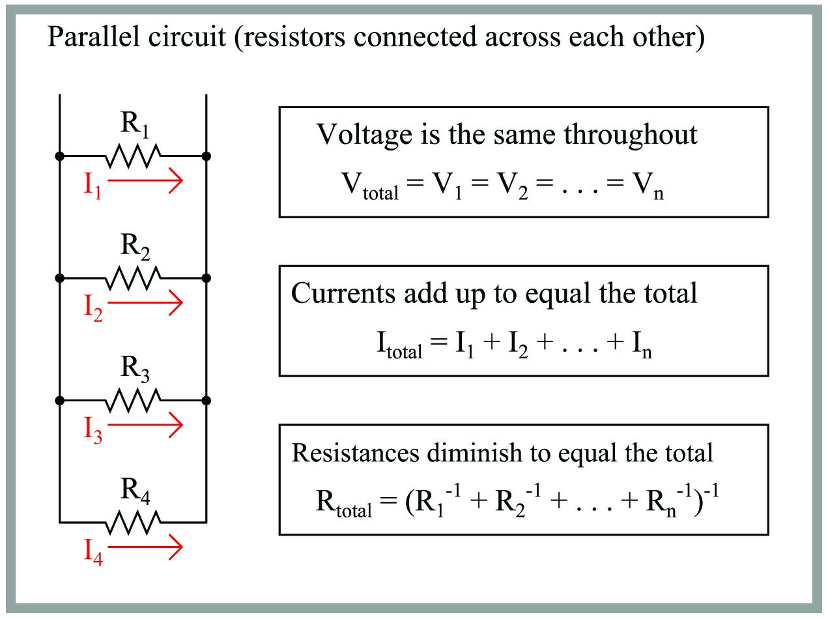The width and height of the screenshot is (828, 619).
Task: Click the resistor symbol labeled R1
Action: click(133, 156)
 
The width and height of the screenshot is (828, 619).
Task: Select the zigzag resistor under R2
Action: click(133, 278)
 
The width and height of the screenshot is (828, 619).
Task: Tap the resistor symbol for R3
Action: click(133, 400)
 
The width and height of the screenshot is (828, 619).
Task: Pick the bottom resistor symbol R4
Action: click(133, 522)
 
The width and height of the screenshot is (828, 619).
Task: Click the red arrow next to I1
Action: click(145, 184)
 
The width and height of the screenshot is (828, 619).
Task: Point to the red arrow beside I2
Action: click(145, 304)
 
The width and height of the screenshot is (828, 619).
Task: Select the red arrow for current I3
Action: click(145, 425)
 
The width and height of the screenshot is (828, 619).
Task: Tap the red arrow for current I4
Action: click(145, 548)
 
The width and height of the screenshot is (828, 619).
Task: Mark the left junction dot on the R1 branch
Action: click(59, 156)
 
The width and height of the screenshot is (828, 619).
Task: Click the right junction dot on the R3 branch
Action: click(207, 400)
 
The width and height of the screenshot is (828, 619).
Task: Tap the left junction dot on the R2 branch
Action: click(59, 278)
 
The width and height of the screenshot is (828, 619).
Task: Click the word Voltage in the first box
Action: click(364, 135)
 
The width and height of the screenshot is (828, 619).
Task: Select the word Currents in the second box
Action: click(343, 293)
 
